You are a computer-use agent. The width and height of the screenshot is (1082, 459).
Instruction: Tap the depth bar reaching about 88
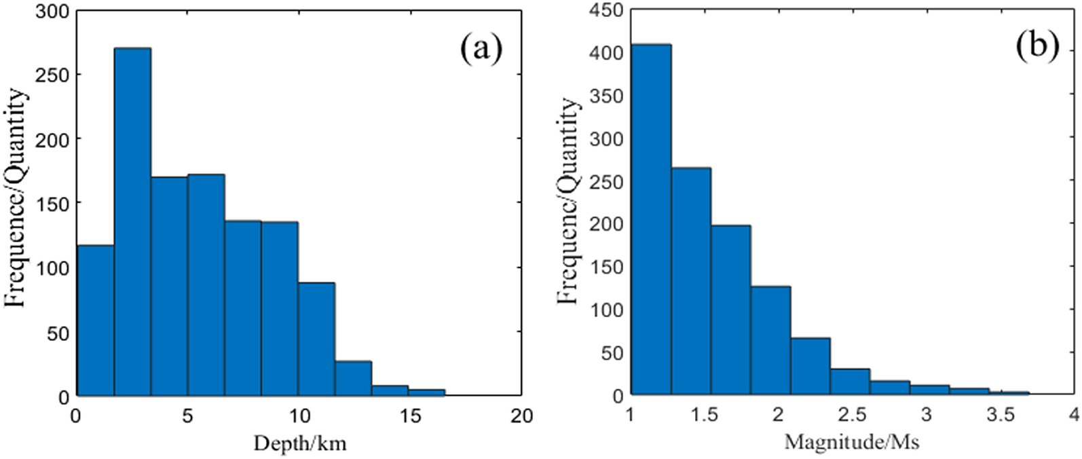316,339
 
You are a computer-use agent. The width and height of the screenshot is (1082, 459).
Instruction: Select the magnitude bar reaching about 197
730,310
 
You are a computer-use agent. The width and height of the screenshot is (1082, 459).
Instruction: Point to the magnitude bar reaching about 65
810,366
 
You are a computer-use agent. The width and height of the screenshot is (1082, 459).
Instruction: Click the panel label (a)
481,49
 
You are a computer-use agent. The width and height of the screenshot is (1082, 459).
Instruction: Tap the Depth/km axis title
299,443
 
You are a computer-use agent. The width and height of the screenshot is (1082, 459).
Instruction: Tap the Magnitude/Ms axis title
851,443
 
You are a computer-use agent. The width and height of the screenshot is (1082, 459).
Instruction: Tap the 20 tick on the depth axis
521,416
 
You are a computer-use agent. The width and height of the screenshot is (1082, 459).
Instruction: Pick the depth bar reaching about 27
353,378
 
